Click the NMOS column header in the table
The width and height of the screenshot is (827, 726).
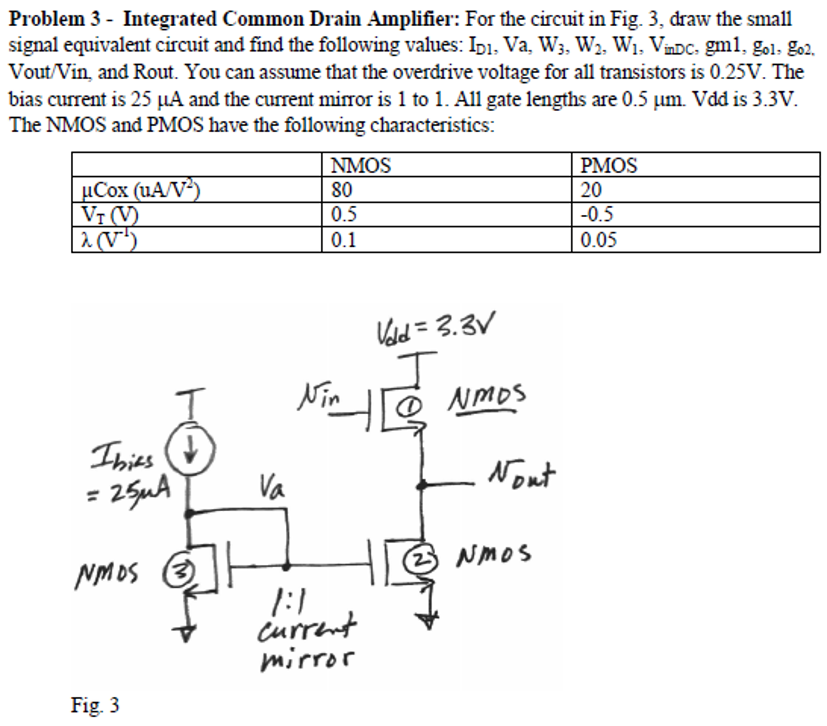[x=361, y=165]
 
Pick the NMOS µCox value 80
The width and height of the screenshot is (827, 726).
[x=342, y=190]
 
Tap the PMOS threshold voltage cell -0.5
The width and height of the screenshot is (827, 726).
[x=597, y=214]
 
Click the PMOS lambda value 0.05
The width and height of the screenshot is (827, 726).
[x=598, y=240]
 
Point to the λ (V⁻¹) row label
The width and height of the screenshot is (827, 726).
[x=109, y=240]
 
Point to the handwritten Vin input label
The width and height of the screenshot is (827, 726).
[x=319, y=396]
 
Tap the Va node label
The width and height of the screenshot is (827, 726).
[x=272, y=487]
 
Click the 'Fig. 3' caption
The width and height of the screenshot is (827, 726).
[x=95, y=705]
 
